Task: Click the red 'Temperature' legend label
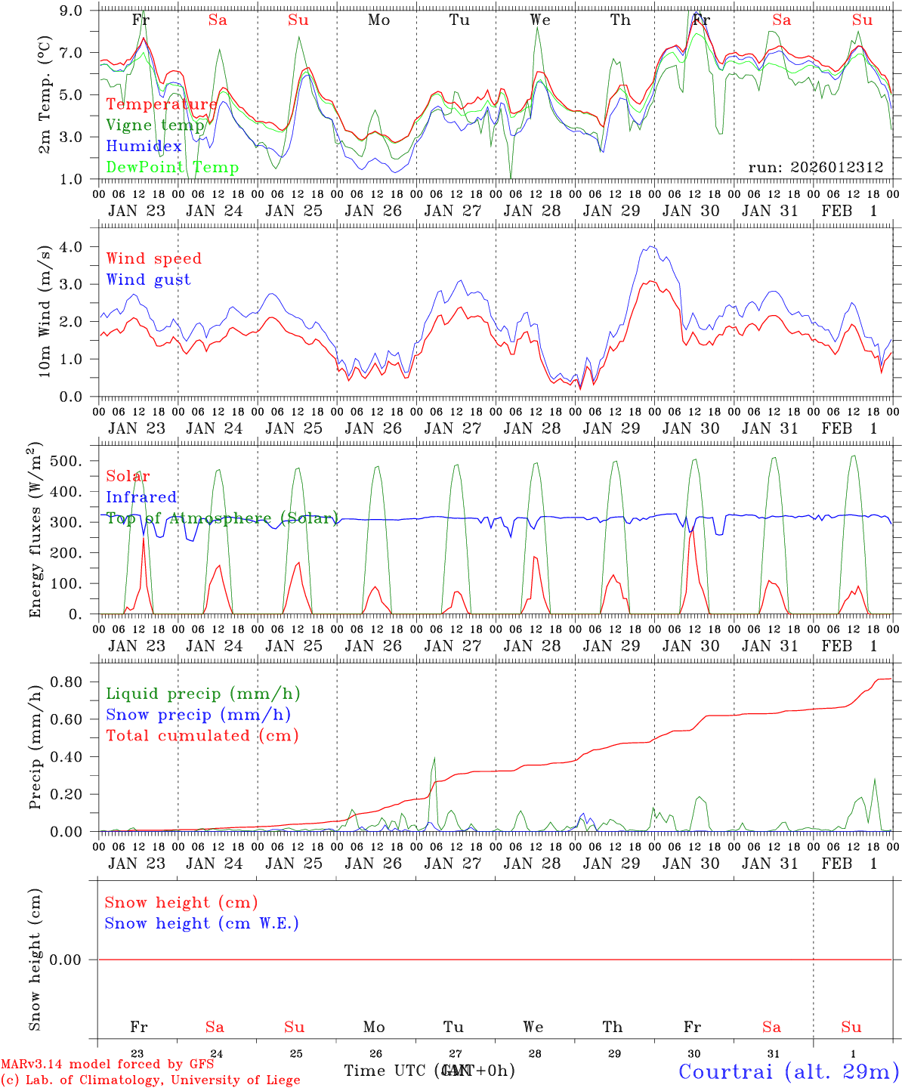162,104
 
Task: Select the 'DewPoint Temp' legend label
172,167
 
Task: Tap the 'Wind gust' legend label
148,280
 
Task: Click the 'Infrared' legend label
141,497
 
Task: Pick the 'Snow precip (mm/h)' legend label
198,715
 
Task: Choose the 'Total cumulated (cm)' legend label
202,735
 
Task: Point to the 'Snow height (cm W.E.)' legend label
201,923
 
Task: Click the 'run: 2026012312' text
816,167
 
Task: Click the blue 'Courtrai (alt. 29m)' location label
789,1071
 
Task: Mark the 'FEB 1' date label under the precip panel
850,864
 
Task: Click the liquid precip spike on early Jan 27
434,759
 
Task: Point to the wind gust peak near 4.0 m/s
651,246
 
